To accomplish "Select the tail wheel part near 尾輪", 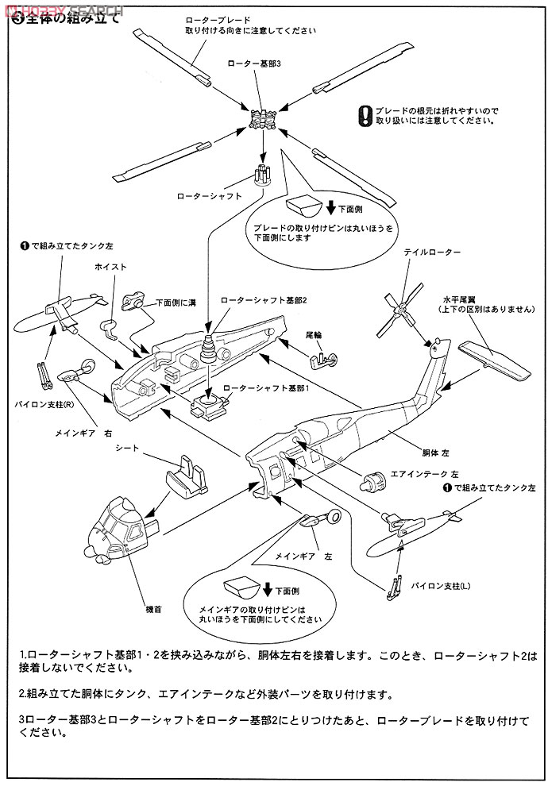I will point(322,362).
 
